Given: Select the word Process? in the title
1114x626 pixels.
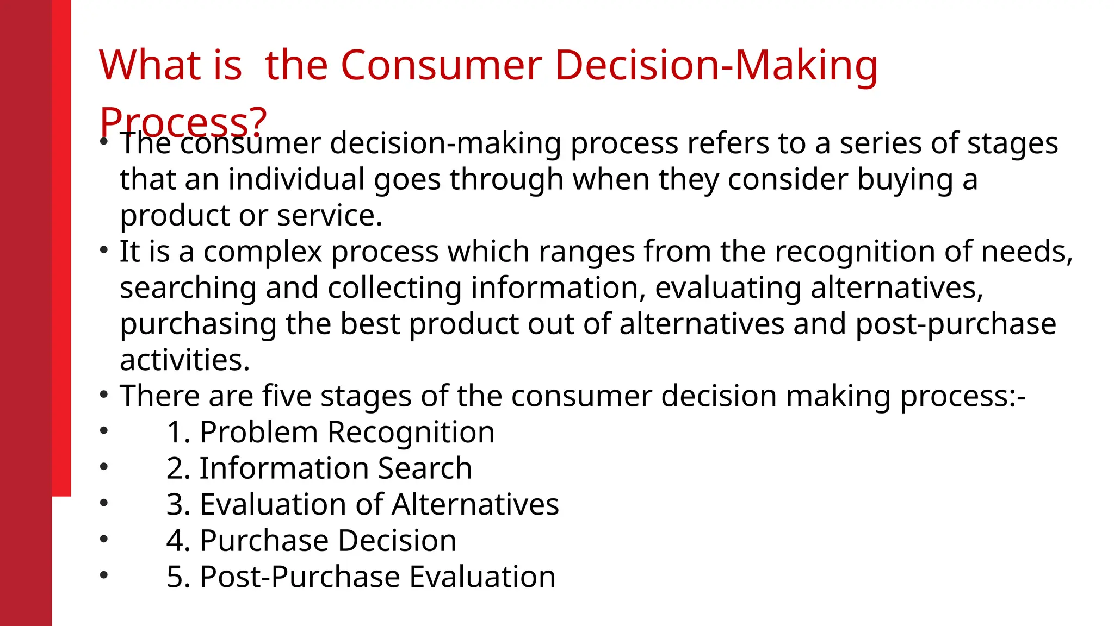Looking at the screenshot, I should (x=183, y=121).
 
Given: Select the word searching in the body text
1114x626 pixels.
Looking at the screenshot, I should (x=188, y=288).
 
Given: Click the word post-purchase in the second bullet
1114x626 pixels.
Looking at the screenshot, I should (x=956, y=324).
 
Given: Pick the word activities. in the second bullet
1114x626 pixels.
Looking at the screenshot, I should (x=185, y=360).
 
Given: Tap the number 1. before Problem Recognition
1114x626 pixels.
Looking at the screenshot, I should (x=178, y=433).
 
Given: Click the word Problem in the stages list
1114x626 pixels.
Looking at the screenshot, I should (x=258, y=433).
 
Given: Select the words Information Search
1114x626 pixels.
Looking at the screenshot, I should (x=336, y=468).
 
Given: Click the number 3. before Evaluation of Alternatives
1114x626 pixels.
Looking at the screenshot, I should (x=178, y=504).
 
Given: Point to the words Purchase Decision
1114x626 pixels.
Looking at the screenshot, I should (x=328, y=541).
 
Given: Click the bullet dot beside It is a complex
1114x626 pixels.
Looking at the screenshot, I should (x=104, y=251).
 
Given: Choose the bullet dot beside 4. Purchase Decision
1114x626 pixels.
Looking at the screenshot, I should (x=104, y=539).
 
